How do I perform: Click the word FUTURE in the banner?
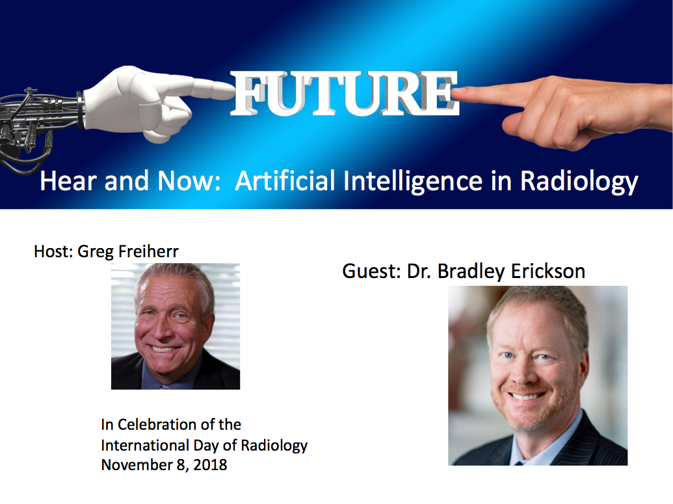tap(345, 94)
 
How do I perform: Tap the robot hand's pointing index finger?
tap(210, 88)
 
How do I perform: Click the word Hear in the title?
tap(68, 180)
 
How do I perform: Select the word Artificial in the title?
tap(285, 180)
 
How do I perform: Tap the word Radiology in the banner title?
tap(579, 182)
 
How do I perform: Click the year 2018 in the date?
tap(210, 465)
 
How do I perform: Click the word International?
tap(145, 445)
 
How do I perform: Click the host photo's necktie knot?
tap(165, 387)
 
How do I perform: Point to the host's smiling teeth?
tap(163, 349)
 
